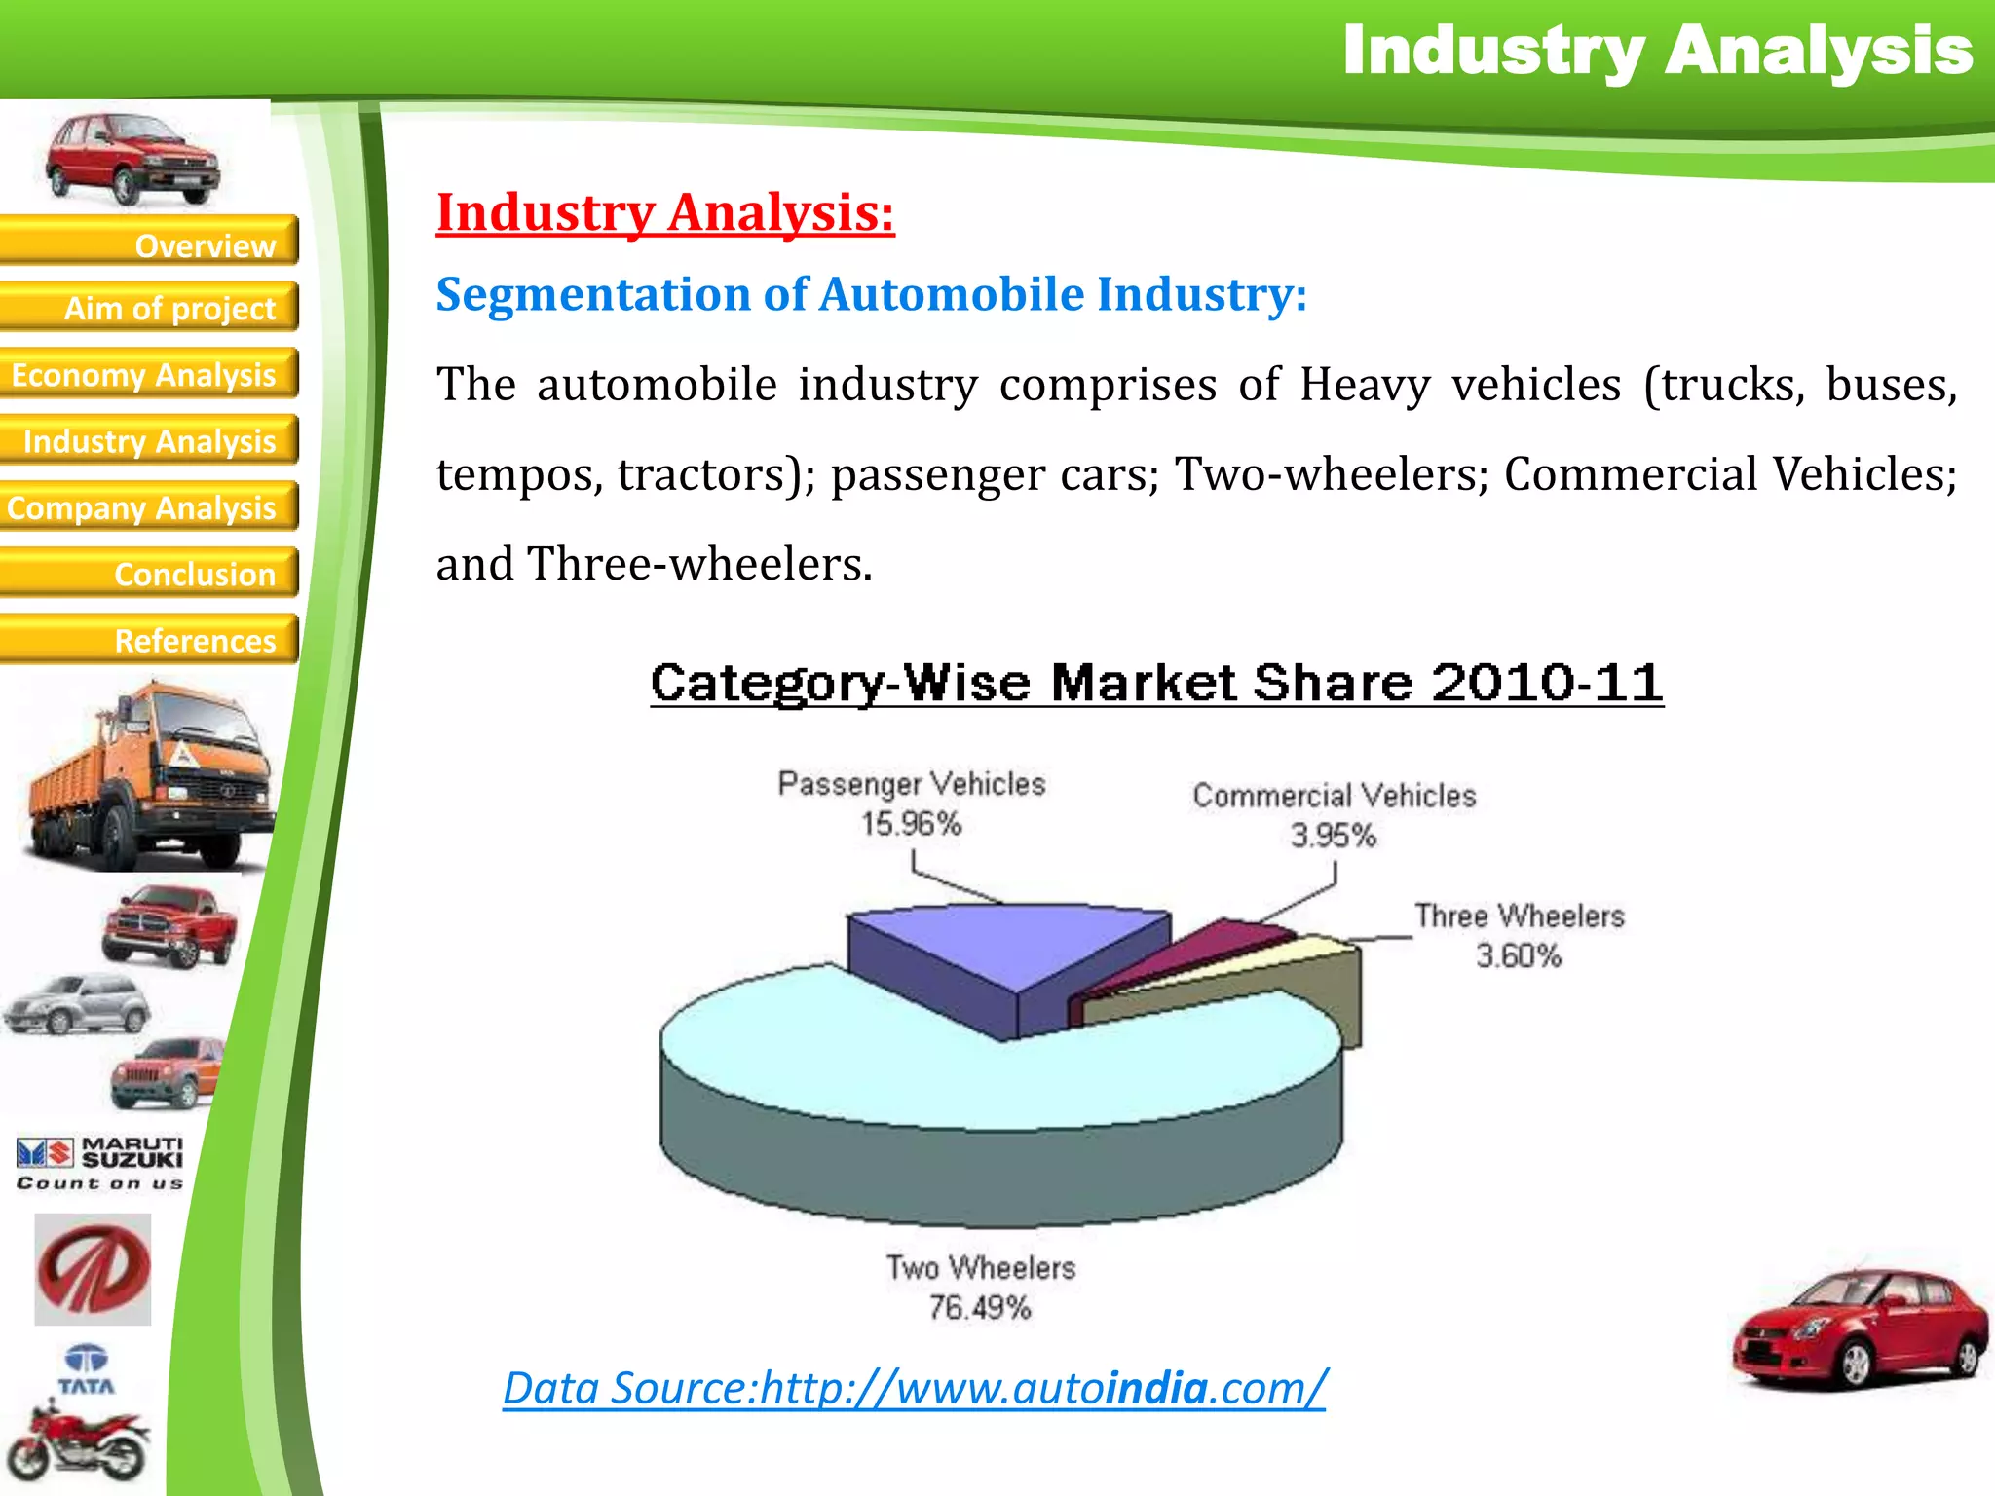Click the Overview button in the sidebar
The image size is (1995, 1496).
149,242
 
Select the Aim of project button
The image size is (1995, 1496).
149,308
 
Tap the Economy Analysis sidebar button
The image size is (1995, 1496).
149,374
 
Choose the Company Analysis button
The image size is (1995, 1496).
149,507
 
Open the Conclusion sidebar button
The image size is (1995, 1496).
149,574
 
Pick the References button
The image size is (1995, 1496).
149,640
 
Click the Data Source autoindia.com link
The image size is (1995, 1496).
914,1387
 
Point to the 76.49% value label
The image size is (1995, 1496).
979,1307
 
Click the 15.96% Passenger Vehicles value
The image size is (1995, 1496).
911,824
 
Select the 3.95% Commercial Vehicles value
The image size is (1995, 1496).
1333,836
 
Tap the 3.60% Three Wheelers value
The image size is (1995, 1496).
1519,955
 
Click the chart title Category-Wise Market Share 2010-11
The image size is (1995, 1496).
1156,683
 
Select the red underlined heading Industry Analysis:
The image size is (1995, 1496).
665,212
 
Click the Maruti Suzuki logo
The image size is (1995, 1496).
99,1163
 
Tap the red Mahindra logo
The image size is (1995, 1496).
94,1268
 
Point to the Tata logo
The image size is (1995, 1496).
87,1369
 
